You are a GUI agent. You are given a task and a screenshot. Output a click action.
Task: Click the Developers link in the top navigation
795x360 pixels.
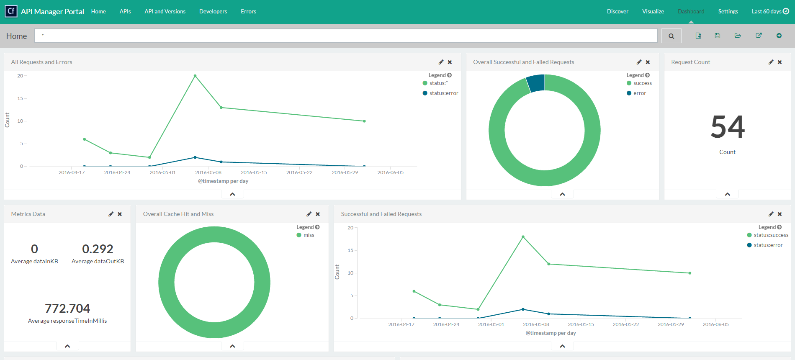[213, 11]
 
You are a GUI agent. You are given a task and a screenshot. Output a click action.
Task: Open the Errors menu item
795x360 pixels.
[248, 11]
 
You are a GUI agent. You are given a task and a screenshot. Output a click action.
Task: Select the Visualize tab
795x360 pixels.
[653, 11]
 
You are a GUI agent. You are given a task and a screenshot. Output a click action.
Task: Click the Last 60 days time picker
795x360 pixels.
[770, 11]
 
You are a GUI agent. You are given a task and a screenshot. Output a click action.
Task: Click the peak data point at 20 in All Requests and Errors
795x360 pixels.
[195, 76]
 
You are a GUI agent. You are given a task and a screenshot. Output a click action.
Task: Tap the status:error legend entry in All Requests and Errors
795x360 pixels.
[443, 93]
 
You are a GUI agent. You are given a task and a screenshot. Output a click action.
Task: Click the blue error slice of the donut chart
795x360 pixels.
[536, 83]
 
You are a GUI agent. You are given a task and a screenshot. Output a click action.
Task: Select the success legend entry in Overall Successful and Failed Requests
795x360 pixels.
[642, 83]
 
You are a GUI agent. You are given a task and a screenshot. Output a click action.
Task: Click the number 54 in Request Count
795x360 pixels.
[728, 127]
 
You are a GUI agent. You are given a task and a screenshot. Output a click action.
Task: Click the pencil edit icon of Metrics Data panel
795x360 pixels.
[111, 214]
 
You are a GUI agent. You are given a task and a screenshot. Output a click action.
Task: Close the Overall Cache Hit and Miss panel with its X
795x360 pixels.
[318, 214]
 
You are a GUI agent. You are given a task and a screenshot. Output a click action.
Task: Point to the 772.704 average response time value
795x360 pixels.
[67, 309]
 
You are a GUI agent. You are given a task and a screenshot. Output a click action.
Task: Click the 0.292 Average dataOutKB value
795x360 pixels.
[98, 249]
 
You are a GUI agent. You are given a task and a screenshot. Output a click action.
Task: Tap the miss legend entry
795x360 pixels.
[309, 235]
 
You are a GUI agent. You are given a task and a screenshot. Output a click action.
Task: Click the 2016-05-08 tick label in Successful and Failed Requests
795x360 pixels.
[536, 324]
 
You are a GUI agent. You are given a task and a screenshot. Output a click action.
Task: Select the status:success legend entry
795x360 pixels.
[771, 235]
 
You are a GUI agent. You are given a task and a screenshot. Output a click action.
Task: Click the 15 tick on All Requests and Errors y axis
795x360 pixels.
[20, 98]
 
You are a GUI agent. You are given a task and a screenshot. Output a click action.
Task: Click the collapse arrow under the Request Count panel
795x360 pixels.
[728, 194]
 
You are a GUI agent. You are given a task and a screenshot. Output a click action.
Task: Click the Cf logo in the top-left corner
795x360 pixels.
[11, 11]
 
